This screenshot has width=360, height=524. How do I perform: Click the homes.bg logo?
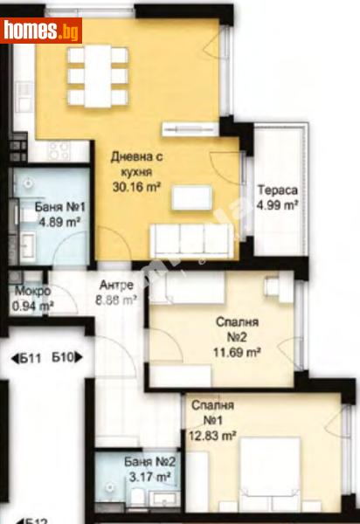[42, 31]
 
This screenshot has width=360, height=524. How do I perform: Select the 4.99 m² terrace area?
[279, 206]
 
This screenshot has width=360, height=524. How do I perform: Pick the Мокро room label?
[32, 292]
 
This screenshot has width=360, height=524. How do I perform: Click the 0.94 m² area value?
[32, 306]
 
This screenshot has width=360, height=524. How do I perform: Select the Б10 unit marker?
[67, 356]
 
